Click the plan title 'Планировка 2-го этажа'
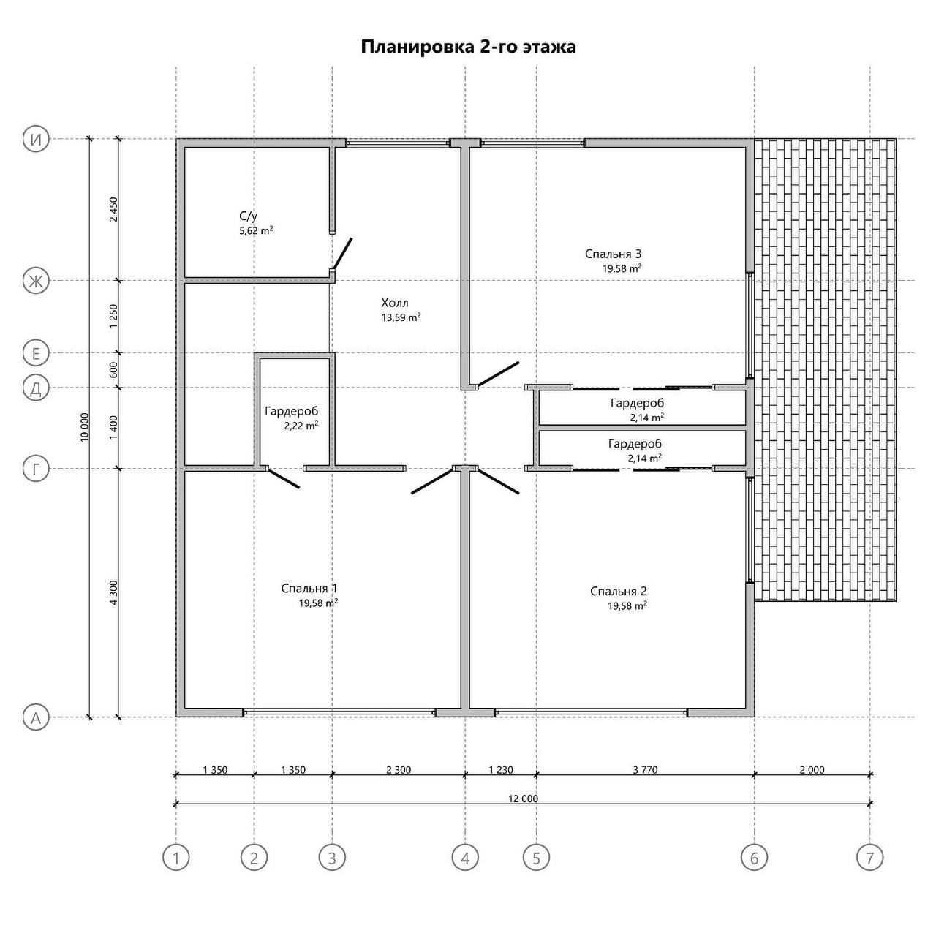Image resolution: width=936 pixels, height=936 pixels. [x=468, y=47]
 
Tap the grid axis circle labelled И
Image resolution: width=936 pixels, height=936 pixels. [x=36, y=140]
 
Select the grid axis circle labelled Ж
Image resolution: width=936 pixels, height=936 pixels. [x=36, y=281]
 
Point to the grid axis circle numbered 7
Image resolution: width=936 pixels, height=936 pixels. [x=869, y=858]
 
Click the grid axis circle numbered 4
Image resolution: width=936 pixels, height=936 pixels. [x=465, y=858]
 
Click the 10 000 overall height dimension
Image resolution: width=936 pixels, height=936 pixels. [x=85, y=428]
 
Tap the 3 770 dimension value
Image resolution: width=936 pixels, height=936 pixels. [x=645, y=770]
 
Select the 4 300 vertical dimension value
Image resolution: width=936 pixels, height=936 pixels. [x=113, y=592]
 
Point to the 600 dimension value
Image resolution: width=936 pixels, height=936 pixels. [x=113, y=370]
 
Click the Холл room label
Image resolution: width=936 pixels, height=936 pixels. [x=394, y=303]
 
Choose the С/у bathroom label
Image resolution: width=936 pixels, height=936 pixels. [x=248, y=216]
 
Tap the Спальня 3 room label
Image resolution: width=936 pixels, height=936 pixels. [x=613, y=254]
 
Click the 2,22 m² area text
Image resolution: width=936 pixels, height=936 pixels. [x=301, y=426]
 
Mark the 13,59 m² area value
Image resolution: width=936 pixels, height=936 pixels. [x=401, y=317]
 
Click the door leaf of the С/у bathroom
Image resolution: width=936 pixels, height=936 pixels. [x=342, y=254]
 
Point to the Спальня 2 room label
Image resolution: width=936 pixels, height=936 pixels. [x=619, y=591]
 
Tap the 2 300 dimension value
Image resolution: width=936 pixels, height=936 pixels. [x=399, y=770]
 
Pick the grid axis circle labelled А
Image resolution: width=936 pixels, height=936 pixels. [x=36, y=717]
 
